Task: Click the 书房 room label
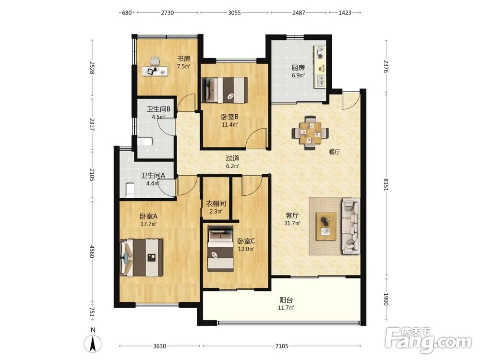click(x=184, y=58)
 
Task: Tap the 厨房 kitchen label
click(x=298, y=67)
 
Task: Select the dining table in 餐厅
click(x=311, y=133)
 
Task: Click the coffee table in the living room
click(x=326, y=227)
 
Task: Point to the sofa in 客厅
click(x=351, y=226)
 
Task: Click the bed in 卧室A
click(x=142, y=257)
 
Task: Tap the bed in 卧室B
click(x=224, y=90)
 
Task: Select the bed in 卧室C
click(x=221, y=248)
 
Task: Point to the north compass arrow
click(x=94, y=343)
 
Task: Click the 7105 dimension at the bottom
click(x=282, y=346)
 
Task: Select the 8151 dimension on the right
click(x=386, y=185)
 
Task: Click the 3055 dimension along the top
click(x=235, y=12)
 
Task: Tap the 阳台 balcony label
click(x=286, y=300)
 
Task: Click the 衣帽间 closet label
click(x=216, y=204)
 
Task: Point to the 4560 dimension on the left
click(x=92, y=251)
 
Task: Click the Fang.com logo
click(x=429, y=340)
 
